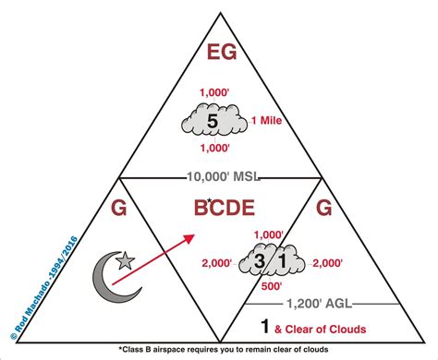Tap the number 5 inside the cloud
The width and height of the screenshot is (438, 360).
pyautogui.click(x=213, y=120)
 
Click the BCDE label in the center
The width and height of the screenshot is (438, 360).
pyautogui.click(x=219, y=210)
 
